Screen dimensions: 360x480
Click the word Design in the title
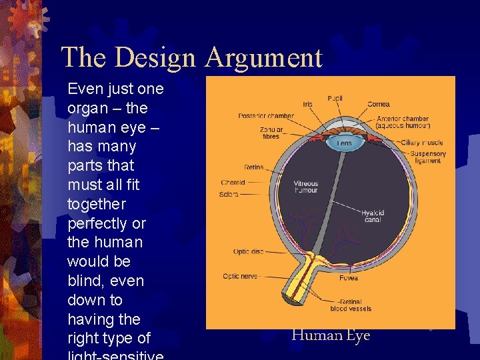157,58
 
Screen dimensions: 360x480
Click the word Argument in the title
263,58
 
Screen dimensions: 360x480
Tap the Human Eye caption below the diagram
331,335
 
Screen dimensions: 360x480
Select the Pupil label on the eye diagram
335,99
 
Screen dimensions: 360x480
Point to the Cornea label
378,104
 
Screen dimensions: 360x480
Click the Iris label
307,104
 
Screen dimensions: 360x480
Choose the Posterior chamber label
266,116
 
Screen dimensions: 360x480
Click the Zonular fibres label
270,133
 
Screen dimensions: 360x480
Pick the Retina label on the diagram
253,167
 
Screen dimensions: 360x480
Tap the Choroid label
233,183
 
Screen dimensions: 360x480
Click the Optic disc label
248,252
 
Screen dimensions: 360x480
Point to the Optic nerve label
241,276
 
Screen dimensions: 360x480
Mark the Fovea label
347,277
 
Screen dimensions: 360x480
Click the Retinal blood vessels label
351,305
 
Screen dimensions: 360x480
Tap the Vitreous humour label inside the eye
306,187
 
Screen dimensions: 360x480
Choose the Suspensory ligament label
429,157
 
